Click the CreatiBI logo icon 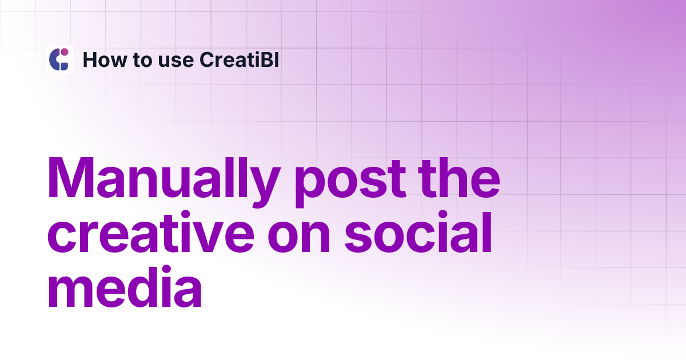[x=59, y=59]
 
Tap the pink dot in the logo [x=65, y=53]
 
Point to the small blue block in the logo [x=64, y=65]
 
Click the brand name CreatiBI [x=239, y=59]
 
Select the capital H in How [x=90, y=59]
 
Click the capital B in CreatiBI [x=268, y=59]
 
